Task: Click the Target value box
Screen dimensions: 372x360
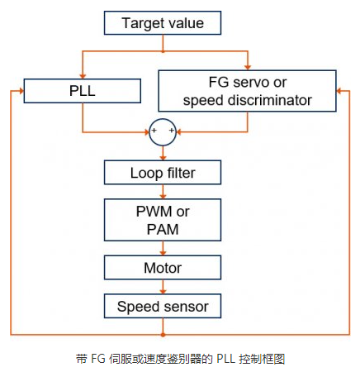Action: tap(163, 23)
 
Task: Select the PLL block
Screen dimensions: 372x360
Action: tap(81, 91)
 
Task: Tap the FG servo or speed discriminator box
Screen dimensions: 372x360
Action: tap(247, 91)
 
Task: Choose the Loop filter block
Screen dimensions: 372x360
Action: tap(163, 173)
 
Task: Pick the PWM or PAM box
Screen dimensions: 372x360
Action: tap(163, 220)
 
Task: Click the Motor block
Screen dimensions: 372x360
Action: tap(163, 268)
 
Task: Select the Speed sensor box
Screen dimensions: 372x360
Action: tap(163, 307)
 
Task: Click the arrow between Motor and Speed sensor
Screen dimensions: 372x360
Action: tap(163, 288)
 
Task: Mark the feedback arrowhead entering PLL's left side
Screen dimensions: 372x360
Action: tap(19, 91)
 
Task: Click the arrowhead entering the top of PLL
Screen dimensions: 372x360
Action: tap(81, 74)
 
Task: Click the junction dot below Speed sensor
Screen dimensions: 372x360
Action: tap(163, 335)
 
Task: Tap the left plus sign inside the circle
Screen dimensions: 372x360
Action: tap(154, 131)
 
